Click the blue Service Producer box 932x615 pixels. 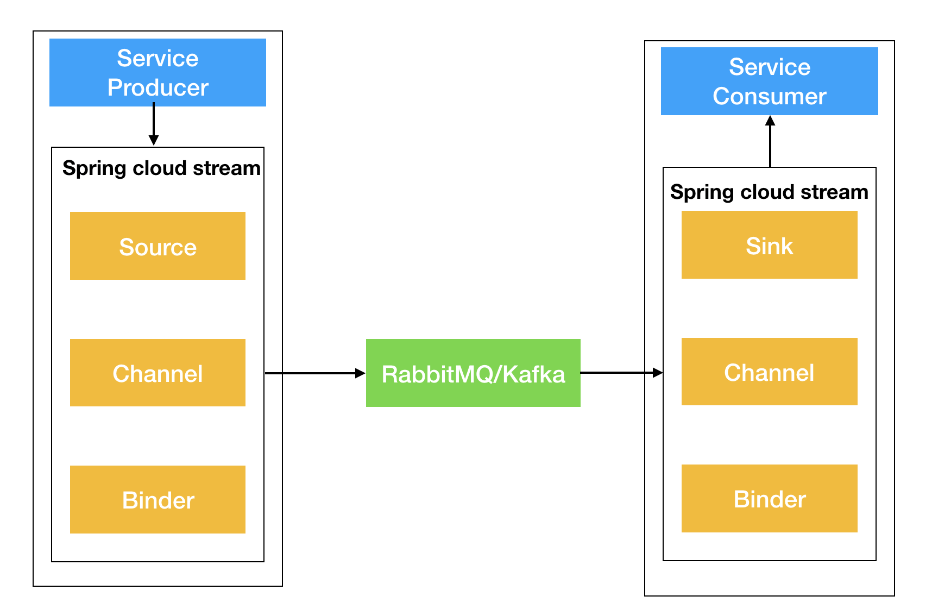coord(158,72)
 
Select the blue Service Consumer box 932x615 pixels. coord(769,81)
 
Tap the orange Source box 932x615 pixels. coord(158,246)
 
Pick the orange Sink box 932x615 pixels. coord(769,244)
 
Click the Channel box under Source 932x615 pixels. coord(158,373)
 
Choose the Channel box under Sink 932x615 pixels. coord(769,372)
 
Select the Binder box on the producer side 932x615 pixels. coord(158,499)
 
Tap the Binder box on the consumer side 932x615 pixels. coord(769,498)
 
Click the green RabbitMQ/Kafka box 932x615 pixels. coord(473,373)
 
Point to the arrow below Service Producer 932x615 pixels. coord(154,124)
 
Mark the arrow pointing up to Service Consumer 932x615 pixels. coord(770,141)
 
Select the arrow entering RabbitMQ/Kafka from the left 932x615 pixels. coord(315,373)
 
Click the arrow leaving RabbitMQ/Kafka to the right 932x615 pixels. coord(622,373)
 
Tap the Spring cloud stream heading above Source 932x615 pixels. coord(161,168)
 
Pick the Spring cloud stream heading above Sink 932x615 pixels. coord(769,192)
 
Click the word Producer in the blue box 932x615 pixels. coord(158,87)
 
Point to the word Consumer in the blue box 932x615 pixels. coord(770,96)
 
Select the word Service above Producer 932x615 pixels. coord(158,58)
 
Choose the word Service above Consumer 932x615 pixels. coord(770,67)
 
